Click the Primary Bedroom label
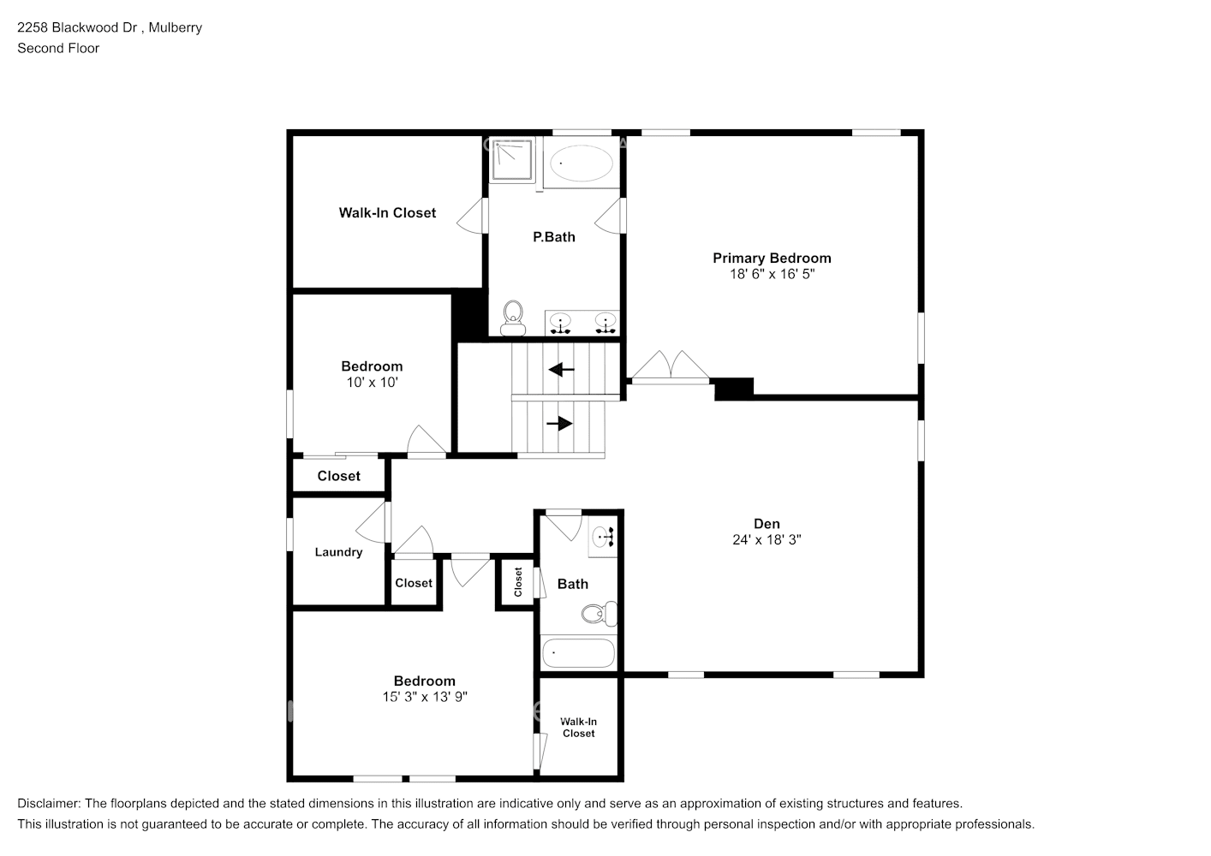(x=772, y=258)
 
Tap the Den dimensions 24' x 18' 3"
(x=767, y=540)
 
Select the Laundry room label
(x=338, y=552)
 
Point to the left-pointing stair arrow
(x=562, y=370)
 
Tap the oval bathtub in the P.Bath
(x=581, y=163)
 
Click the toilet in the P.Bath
(x=513, y=318)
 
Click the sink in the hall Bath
(x=604, y=538)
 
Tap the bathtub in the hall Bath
(x=578, y=653)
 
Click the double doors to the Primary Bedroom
(x=671, y=366)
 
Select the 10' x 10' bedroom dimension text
(x=372, y=383)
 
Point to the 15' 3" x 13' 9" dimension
(x=425, y=697)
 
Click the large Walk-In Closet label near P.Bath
(x=387, y=212)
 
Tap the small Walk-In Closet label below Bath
(x=578, y=728)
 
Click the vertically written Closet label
(x=518, y=582)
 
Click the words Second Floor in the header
(x=58, y=48)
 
